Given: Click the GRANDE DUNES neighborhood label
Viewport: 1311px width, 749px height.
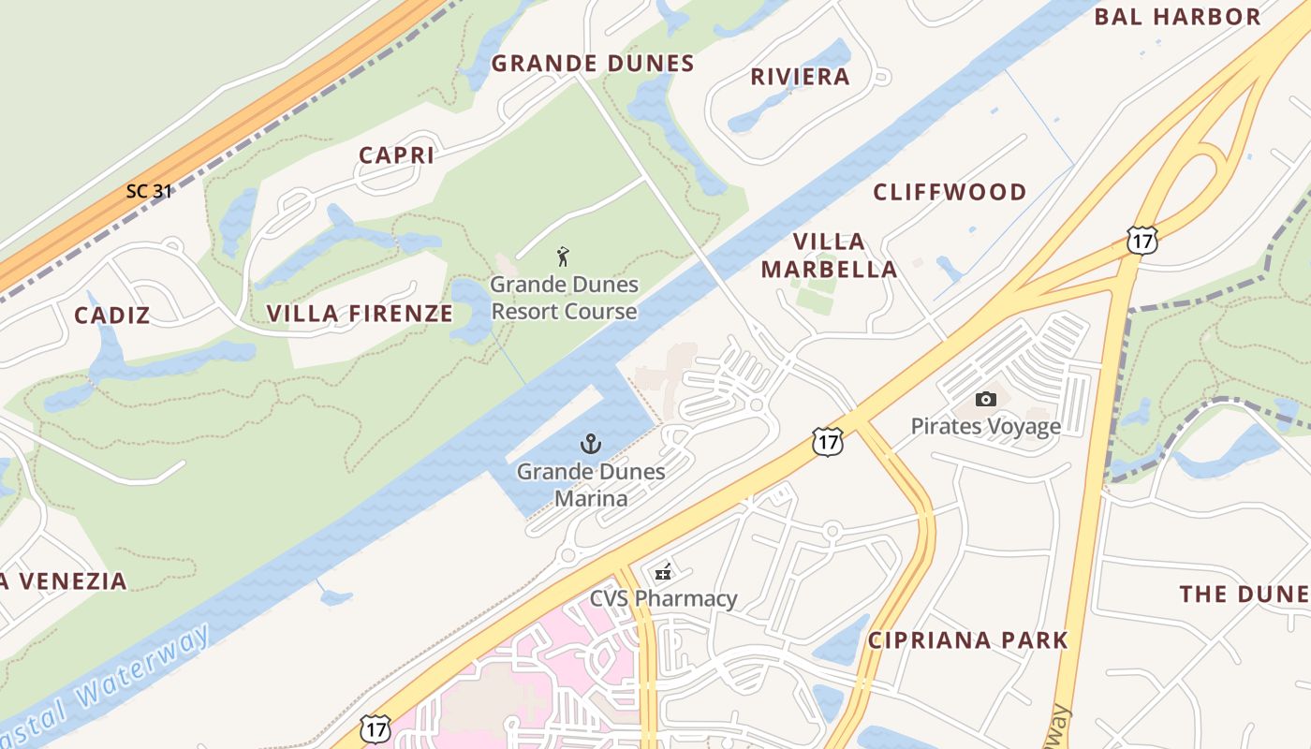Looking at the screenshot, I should tap(593, 64).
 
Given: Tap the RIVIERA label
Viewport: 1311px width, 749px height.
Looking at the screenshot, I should tap(800, 77).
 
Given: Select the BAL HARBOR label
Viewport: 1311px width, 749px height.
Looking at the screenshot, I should tap(1177, 17).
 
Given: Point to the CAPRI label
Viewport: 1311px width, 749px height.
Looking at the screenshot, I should tap(397, 155).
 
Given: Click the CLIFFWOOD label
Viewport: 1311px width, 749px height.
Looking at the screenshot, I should tap(950, 193).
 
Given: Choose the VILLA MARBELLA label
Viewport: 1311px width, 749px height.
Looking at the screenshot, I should tap(829, 256).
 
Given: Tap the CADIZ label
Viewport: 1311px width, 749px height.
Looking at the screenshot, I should tap(111, 316).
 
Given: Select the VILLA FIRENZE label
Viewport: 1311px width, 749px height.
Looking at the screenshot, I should tap(360, 314).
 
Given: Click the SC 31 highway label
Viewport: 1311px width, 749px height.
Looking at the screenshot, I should tap(149, 191).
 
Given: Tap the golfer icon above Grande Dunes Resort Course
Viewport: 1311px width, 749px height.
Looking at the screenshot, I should tap(563, 257).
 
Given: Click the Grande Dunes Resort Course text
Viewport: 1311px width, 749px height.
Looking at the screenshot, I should tap(564, 298).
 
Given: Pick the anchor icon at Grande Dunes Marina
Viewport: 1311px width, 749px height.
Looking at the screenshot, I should tap(591, 444).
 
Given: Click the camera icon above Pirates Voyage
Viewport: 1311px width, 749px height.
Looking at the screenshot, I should tap(985, 400).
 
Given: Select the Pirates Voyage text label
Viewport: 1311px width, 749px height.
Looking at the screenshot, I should tap(985, 427).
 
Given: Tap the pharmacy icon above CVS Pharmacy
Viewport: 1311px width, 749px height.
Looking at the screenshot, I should tap(663, 572).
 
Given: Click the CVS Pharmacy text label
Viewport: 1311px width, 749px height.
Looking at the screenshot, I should tap(663, 598).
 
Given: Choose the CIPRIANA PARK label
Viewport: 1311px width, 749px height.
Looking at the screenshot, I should tap(967, 640).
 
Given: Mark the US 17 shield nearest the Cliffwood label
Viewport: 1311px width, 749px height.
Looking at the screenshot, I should tap(1142, 240).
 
